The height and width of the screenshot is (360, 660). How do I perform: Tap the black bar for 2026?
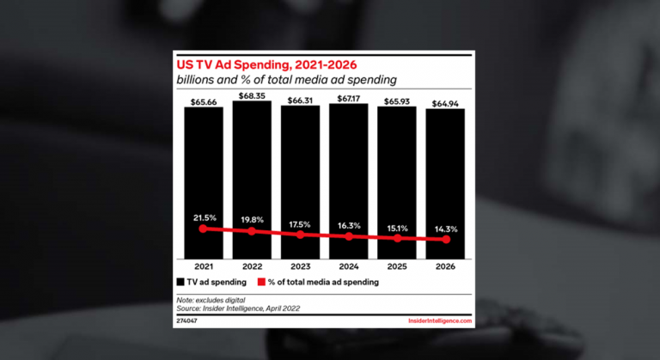[x=445, y=172]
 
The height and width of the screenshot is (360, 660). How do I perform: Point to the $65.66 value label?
[x=203, y=101]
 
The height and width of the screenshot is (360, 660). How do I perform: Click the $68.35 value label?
[x=252, y=95]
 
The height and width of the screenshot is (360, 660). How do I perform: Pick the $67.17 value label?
[x=348, y=98]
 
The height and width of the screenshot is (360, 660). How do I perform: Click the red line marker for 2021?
[x=203, y=229]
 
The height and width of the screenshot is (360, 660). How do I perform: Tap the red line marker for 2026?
[x=445, y=240]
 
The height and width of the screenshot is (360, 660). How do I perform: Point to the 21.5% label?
[x=203, y=217]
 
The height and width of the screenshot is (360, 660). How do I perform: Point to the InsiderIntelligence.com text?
[x=438, y=320]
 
